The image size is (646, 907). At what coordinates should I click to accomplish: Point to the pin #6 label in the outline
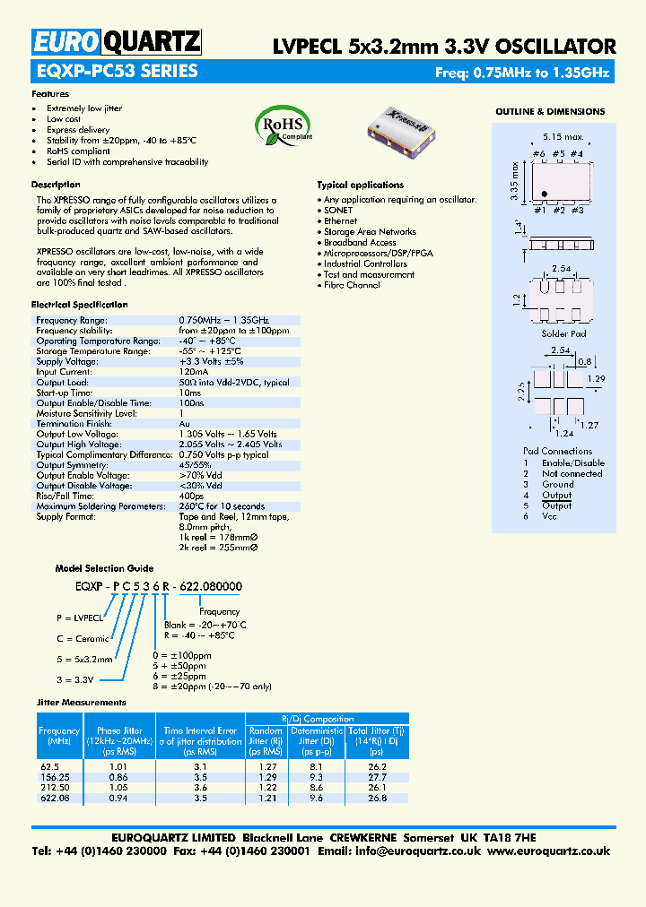pyautogui.click(x=538, y=154)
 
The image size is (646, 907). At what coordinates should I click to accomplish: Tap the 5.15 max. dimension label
pyautogui.click(x=563, y=137)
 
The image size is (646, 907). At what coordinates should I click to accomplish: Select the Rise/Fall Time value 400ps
pyautogui.click(x=191, y=496)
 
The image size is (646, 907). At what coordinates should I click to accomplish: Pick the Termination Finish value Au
pyautogui.click(x=185, y=423)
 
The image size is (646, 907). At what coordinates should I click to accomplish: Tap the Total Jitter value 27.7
pyautogui.click(x=377, y=777)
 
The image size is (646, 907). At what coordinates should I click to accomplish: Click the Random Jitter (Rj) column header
pyautogui.click(x=266, y=736)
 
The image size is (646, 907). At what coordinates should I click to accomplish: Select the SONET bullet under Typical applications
pyautogui.click(x=339, y=210)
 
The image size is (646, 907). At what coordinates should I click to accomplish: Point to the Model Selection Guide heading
pyautogui.click(x=104, y=568)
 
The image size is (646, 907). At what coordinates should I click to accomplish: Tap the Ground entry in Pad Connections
pyautogui.click(x=557, y=484)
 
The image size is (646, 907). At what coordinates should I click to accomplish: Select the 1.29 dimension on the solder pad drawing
pyautogui.click(x=594, y=380)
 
